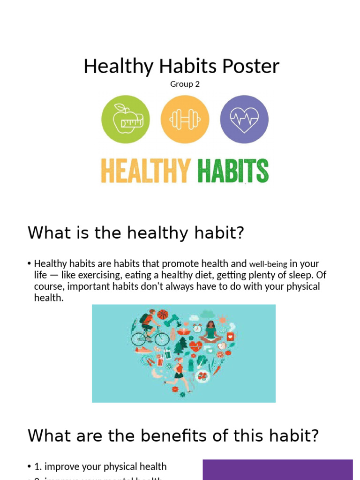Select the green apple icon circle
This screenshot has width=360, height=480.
(x=126, y=119)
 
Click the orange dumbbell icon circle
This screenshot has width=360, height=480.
(x=185, y=119)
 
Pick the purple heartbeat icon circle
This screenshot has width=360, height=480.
(x=244, y=119)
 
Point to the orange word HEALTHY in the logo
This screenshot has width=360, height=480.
(x=146, y=171)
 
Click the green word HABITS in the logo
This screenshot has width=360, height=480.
(x=232, y=171)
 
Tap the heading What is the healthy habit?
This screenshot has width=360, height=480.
(x=136, y=232)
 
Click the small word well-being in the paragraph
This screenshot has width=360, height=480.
(x=268, y=264)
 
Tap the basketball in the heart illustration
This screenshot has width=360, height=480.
(x=162, y=314)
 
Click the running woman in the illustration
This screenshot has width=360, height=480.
(x=179, y=373)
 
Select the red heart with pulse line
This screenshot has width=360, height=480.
(x=195, y=346)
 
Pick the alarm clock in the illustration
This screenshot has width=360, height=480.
(x=197, y=329)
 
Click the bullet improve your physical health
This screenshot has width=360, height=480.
(x=100, y=466)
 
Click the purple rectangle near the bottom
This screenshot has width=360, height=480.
(x=277, y=470)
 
